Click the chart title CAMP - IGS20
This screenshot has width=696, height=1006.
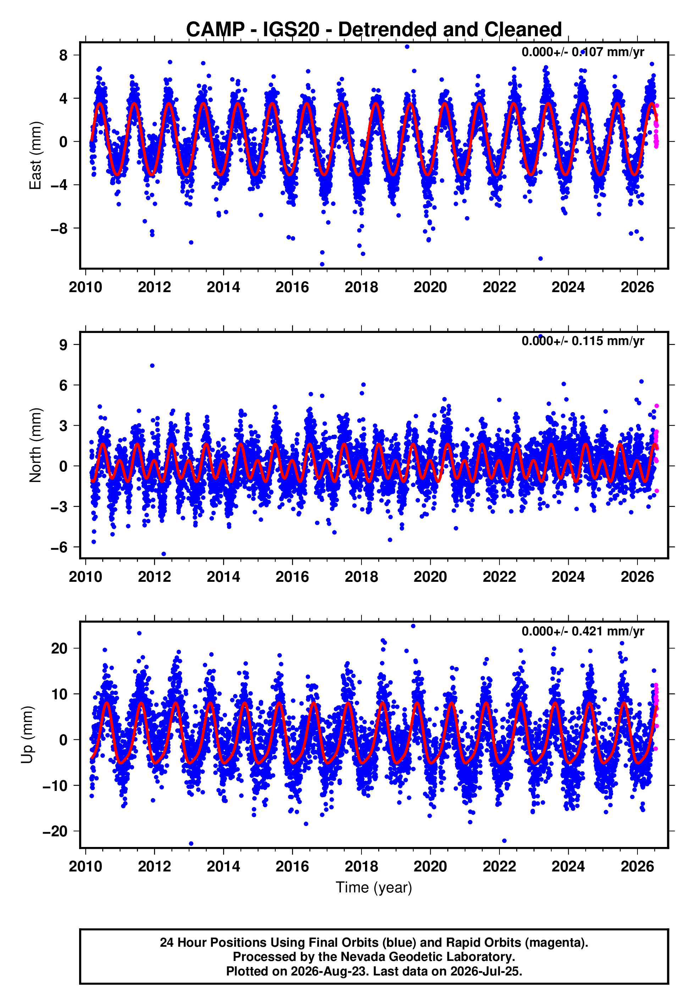(x=253, y=30)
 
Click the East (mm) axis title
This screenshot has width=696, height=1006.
(x=35, y=155)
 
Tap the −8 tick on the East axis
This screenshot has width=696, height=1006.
(x=59, y=228)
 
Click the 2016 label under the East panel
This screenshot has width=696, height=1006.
(x=292, y=287)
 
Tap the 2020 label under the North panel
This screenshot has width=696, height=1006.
(x=430, y=577)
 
